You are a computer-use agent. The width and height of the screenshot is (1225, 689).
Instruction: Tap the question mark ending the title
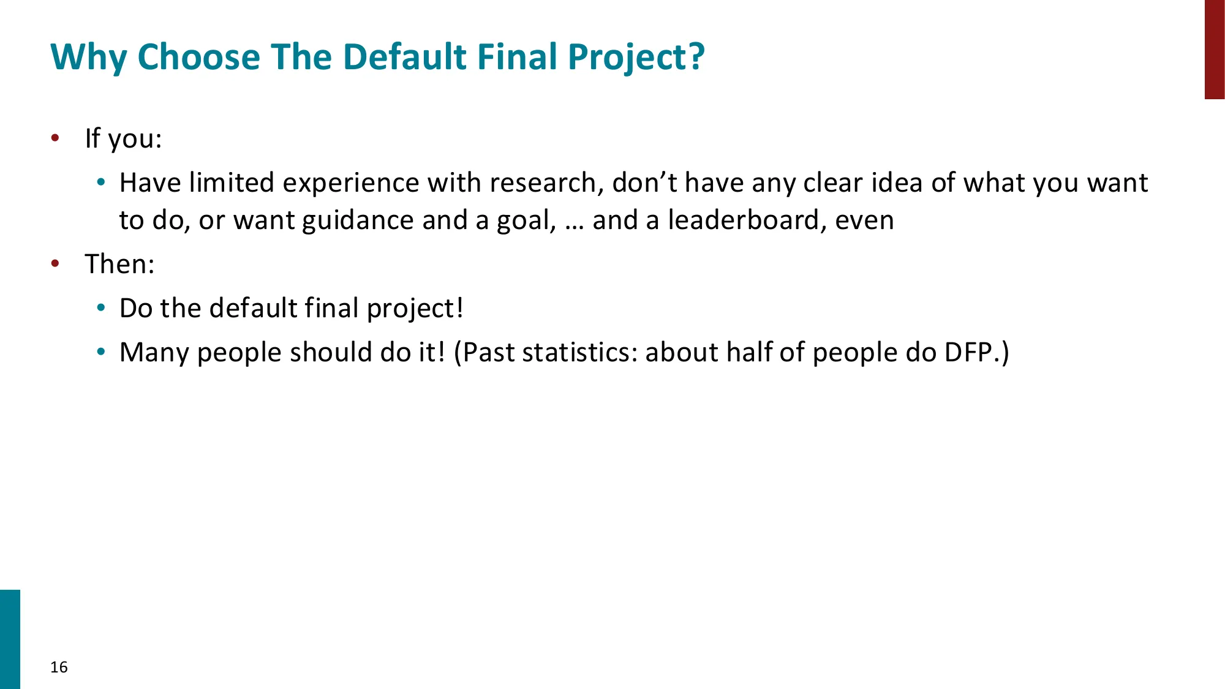pos(697,56)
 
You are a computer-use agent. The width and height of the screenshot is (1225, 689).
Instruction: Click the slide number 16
pos(59,667)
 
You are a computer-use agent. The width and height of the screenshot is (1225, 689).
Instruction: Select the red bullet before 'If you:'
pos(55,138)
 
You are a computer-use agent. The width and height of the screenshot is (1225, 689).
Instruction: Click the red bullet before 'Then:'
pos(55,264)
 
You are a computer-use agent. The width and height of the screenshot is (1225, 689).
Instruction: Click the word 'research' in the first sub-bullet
pos(542,183)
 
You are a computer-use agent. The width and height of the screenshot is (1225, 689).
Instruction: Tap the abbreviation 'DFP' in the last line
pos(967,352)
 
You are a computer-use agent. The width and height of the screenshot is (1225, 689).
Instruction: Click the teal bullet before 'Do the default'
pos(102,308)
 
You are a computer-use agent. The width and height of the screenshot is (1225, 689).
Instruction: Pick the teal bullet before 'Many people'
pos(102,352)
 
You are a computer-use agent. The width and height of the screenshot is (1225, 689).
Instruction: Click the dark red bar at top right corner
pos(1214,49)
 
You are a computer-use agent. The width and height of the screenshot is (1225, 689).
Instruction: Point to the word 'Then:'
pos(119,264)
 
